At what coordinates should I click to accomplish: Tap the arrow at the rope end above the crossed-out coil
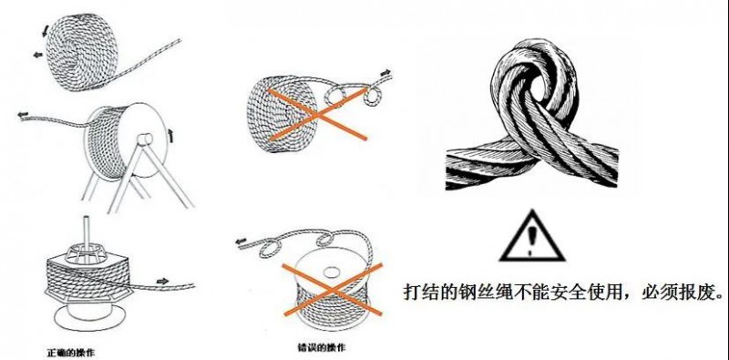coord(386,70)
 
